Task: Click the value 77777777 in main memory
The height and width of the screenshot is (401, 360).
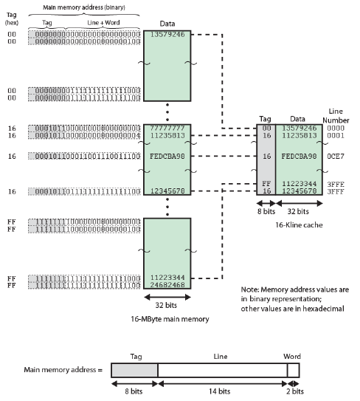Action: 167,127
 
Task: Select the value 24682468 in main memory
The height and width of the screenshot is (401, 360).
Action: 167,284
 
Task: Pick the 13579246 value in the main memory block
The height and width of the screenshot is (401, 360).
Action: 167,34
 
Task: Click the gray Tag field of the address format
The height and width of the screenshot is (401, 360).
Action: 134,370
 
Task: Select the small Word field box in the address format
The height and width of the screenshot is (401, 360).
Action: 294,370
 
